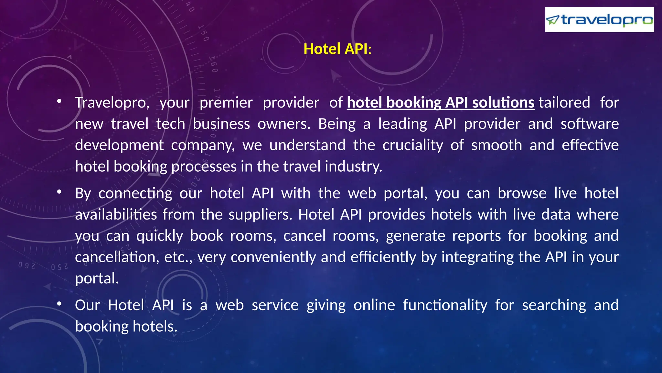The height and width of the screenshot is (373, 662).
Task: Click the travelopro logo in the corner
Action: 599,20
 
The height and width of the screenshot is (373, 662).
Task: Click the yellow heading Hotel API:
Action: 337,49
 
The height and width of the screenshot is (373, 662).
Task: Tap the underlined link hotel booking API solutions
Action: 441,103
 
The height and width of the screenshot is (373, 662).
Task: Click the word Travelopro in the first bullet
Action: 112,103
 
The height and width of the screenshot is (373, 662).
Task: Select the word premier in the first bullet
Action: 226,103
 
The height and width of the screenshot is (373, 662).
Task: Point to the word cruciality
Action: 413,145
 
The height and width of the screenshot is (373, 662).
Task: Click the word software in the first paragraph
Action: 590,124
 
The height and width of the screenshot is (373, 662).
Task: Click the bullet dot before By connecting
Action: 59,192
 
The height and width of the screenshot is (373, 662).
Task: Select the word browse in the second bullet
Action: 522,193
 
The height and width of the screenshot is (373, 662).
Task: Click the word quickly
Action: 160,236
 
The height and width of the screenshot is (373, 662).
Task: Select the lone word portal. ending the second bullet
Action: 97,278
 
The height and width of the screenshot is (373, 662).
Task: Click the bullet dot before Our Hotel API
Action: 59,304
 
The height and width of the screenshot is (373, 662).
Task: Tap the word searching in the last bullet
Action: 554,305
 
